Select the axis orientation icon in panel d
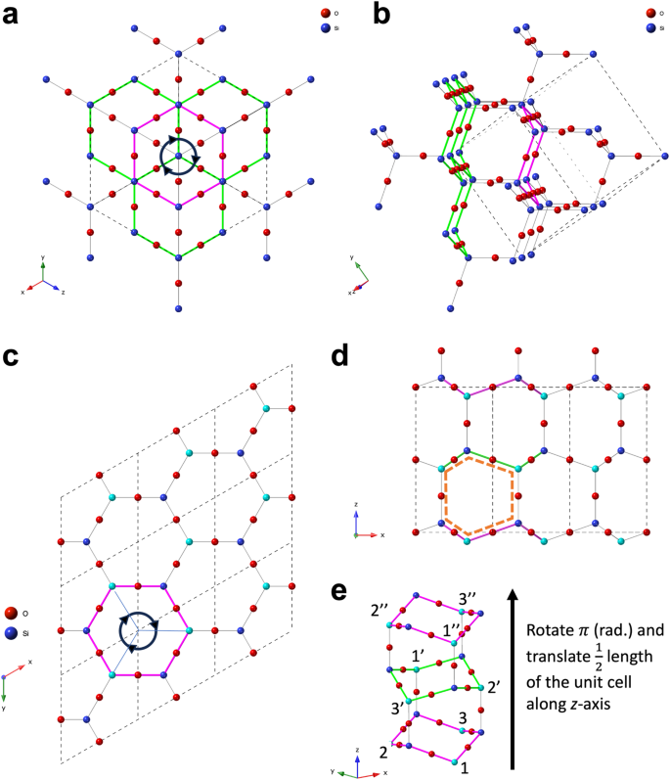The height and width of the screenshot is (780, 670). click(x=364, y=529)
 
